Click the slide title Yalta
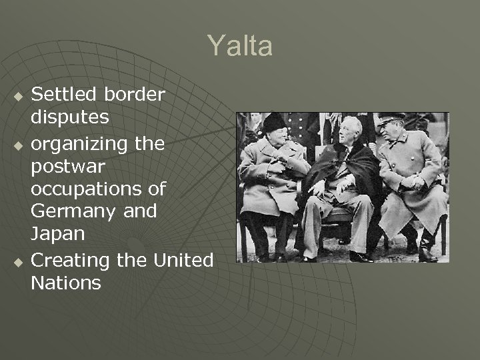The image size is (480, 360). pos(239,46)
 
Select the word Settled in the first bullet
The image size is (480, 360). pos(62,95)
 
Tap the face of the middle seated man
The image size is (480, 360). pos(350,132)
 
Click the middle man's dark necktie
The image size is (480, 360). pos(345,155)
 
